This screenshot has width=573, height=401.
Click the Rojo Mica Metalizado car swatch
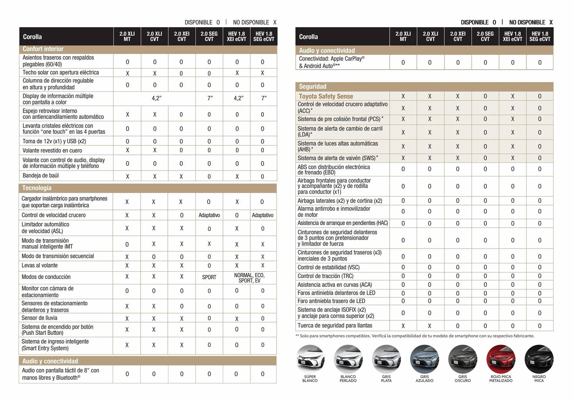point(500,359)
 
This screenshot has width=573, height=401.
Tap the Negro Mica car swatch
point(539,359)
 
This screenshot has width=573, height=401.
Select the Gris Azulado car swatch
point(424,359)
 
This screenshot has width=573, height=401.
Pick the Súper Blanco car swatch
point(310,359)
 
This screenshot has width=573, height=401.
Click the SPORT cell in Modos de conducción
point(209,277)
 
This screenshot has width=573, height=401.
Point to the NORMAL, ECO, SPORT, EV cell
point(249,278)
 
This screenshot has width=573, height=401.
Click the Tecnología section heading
point(37,188)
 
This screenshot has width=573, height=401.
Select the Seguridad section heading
point(312,87)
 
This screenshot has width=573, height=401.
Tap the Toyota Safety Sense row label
point(326,96)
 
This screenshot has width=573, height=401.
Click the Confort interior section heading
point(43,49)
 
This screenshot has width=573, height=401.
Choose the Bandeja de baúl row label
point(41,175)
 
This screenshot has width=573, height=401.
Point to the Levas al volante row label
point(40,265)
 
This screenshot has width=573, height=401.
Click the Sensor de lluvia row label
point(39,318)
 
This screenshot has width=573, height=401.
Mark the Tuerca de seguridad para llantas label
point(335,326)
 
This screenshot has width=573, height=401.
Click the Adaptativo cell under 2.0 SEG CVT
point(209,215)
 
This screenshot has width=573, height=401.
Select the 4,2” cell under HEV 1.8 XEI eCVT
point(238,98)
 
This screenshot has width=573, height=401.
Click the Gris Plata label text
point(386,379)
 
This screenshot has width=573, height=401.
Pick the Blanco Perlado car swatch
point(348,359)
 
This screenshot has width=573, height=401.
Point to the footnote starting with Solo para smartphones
point(415,336)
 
